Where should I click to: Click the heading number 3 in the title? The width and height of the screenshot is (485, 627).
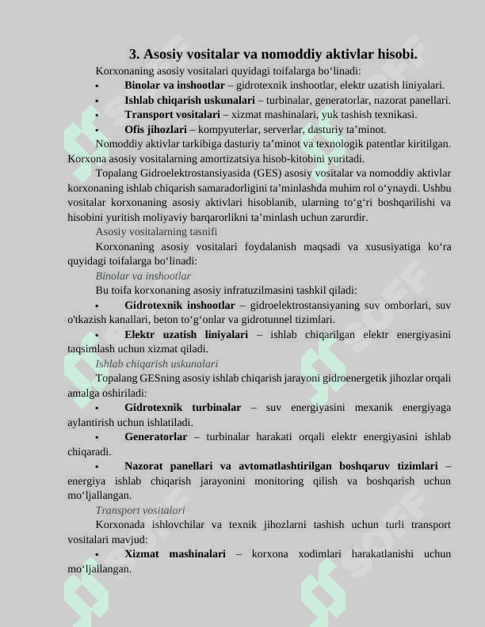[x=134, y=55]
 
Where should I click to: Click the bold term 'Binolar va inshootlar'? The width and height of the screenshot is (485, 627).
[x=174, y=85]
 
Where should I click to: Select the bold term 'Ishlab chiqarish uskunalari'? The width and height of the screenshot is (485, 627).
[x=189, y=101]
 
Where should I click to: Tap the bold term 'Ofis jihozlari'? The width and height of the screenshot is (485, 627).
[x=156, y=129]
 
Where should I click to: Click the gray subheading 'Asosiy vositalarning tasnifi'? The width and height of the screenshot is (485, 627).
[x=156, y=232]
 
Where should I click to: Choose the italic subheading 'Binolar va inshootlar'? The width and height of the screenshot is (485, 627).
[x=143, y=276]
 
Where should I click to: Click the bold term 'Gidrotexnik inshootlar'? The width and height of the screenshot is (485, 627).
[x=179, y=305]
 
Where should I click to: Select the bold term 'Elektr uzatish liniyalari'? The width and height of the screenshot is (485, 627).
[x=186, y=334]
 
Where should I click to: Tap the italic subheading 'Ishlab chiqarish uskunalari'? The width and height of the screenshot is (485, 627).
[x=156, y=364]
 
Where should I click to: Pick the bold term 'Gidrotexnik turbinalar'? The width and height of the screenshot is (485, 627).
[x=182, y=408]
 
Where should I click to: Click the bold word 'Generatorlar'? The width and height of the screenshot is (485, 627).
[x=156, y=437]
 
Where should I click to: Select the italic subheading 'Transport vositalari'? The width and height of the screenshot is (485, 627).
[x=140, y=511]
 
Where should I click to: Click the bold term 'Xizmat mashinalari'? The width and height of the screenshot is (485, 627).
[x=174, y=554]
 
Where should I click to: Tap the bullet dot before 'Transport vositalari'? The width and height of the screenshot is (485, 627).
[x=97, y=116]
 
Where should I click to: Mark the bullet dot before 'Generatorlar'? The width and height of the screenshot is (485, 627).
[x=97, y=438]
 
